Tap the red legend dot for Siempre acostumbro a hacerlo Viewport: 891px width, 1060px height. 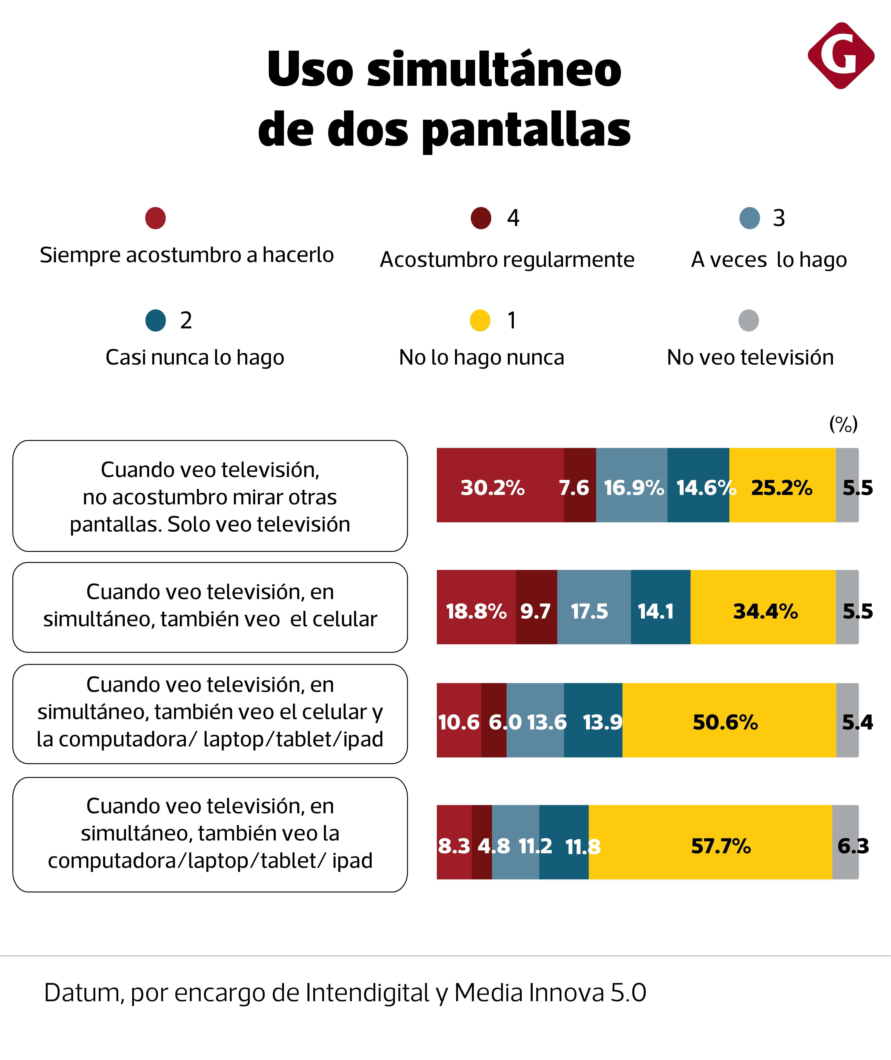[156, 218]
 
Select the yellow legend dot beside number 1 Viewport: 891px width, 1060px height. [480, 320]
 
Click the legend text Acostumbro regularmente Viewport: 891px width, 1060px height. [507, 260]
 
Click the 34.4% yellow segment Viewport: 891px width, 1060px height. [763, 607]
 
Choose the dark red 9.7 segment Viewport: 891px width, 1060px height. [536, 607]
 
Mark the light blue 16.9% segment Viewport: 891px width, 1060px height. [631, 485]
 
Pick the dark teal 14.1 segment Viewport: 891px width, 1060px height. [660, 607]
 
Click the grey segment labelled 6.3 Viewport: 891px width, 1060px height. [845, 842]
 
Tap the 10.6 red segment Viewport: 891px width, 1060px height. [459, 720]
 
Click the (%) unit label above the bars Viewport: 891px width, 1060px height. [843, 424]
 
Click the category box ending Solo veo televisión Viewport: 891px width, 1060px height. [210, 496]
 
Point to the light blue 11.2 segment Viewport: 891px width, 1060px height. [515, 842]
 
